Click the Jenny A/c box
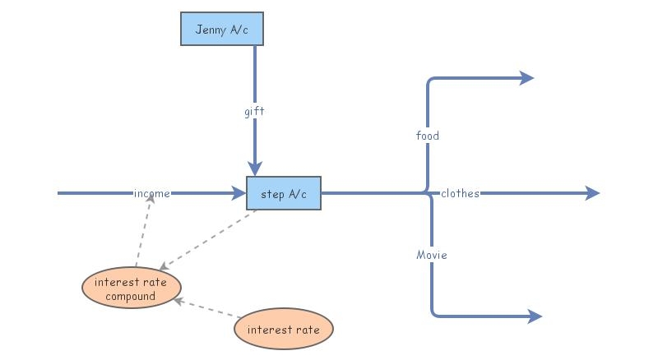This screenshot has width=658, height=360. pos(222,29)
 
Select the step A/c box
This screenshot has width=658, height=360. pos(284,193)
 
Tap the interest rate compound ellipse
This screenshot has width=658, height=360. pos(132,289)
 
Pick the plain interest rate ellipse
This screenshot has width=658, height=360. pos(284,330)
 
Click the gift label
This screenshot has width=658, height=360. pos(255,111)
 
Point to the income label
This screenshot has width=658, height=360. pos(152,194)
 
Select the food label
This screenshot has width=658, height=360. pos(428,136)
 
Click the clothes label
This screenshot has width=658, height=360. pos(460,194)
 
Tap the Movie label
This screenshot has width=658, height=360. pos(432,256)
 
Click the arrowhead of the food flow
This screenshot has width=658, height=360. pos(527,78)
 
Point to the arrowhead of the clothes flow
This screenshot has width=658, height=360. pos(593,193)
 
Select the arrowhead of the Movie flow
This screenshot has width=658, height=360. pos(535,316)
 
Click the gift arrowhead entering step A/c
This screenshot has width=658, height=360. pos(255,168)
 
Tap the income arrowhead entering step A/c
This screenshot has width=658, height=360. pos(239,193)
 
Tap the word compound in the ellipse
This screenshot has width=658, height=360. pos(132,297)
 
